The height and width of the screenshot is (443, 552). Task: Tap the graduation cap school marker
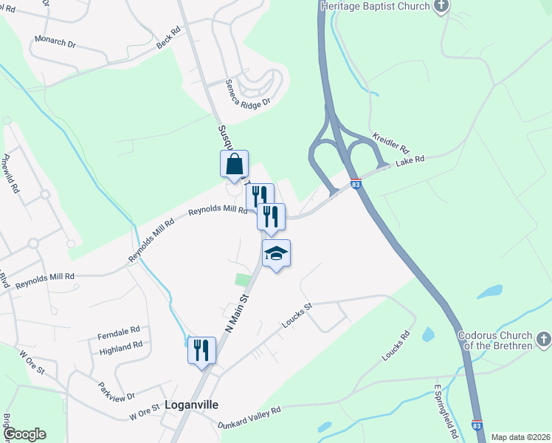[x=277, y=254]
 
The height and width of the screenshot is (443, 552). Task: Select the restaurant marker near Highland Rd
[x=201, y=349]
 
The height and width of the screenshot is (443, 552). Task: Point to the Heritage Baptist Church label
[x=376, y=6]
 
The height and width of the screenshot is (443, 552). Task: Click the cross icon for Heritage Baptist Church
[x=441, y=7]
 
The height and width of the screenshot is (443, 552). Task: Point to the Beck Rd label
[x=168, y=39]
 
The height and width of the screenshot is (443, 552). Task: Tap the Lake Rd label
[x=410, y=160]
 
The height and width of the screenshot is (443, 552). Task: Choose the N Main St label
[x=238, y=313]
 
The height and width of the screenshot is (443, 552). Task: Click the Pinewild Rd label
[x=10, y=174]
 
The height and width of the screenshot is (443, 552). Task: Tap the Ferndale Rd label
[x=119, y=332]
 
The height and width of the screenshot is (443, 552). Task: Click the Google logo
[x=24, y=434]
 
